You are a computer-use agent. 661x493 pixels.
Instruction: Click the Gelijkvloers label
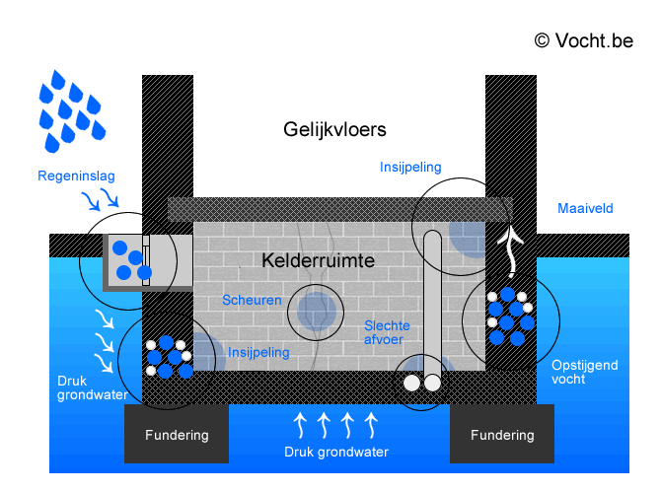click(334, 129)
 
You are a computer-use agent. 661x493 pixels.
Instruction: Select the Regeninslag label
click(76, 176)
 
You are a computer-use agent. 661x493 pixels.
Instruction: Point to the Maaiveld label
click(585, 209)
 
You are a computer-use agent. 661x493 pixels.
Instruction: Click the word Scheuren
click(252, 300)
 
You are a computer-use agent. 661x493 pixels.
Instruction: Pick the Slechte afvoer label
click(387, 333)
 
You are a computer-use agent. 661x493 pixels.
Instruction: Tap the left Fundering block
click(177, 435)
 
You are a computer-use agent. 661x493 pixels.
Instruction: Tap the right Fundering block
click(502, 435)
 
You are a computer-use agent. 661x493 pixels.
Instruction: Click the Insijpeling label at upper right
click(410, 168)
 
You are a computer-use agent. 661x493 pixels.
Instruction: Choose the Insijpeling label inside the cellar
click(258, 352)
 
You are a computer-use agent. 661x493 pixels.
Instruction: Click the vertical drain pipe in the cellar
click(432, 296)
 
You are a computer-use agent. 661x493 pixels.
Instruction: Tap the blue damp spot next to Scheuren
click(317, 310)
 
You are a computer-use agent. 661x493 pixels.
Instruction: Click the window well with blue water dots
click(128, 259)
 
